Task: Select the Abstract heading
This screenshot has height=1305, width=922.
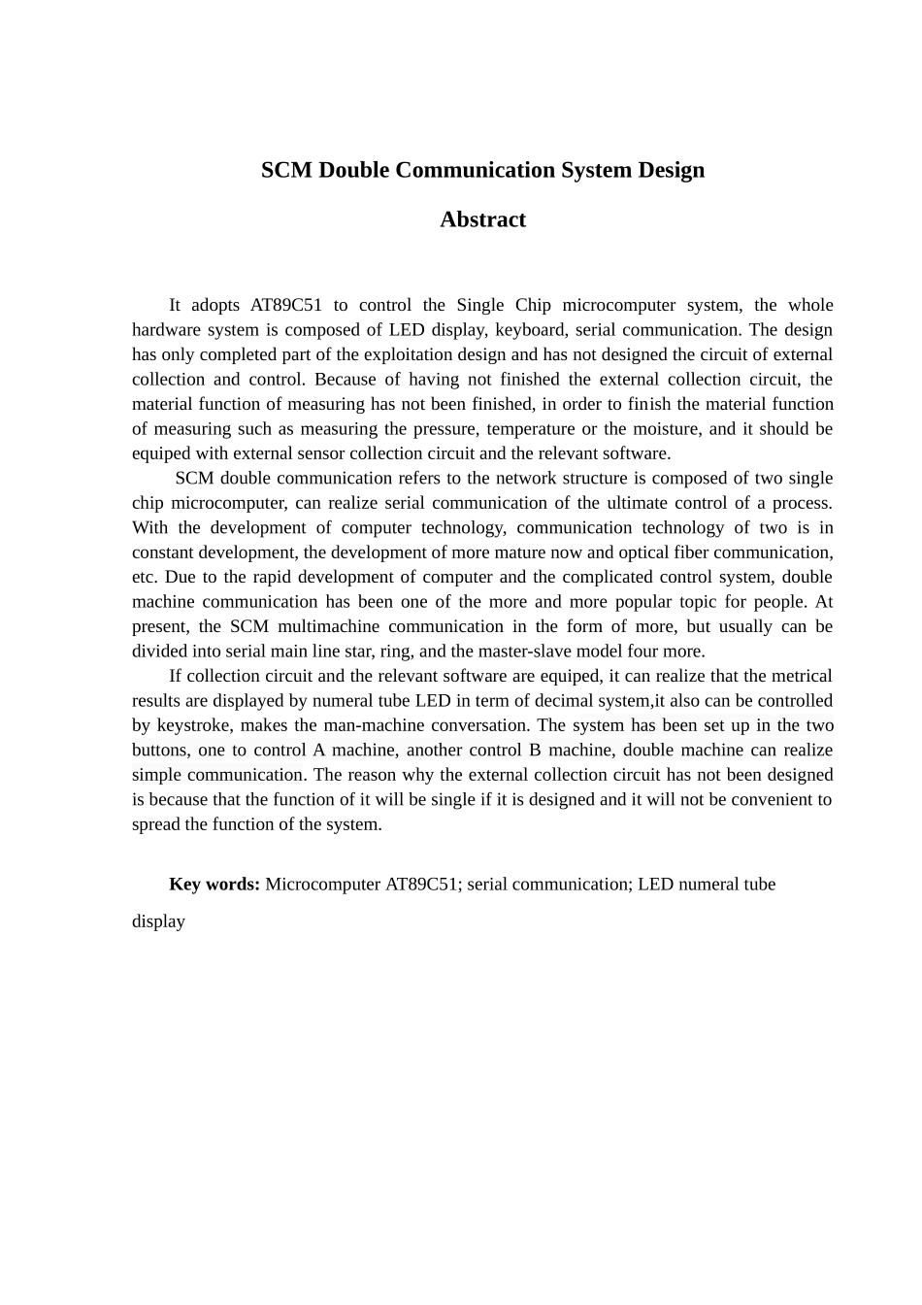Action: coord(482,219)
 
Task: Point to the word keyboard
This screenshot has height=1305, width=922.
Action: coord(530,330)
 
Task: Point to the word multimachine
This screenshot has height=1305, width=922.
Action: coord(328,626)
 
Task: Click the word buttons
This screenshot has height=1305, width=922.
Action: coord(159,751)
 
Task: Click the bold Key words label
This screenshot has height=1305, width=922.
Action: coord(214,885)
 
